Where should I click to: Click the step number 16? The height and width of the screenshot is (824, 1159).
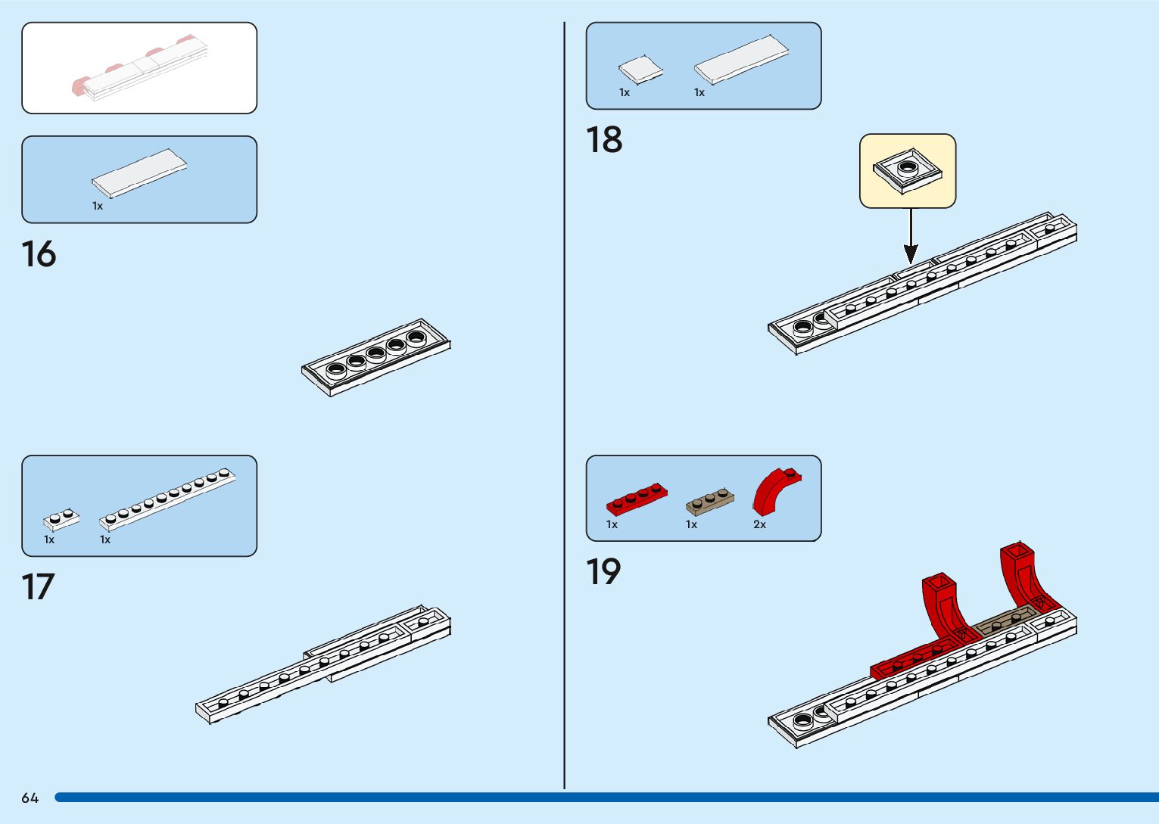tap(39, 254)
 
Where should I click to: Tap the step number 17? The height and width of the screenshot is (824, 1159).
tap(38, 587)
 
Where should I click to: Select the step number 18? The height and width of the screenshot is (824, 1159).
tap(604, 140)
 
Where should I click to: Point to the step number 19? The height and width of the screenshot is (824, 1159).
tap(603, 572)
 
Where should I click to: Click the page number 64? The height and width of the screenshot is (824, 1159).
tap(30, 798)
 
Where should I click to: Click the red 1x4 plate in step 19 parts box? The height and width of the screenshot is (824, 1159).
tap(636, 499)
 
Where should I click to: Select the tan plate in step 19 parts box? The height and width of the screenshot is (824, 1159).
tap(709, 501)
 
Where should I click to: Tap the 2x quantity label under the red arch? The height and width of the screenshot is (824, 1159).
tap(759, 524)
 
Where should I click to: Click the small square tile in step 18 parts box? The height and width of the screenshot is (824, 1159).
tap(640, 70)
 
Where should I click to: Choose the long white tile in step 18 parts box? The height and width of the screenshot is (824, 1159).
tap(741, 59)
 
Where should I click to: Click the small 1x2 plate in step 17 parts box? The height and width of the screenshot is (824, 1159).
tap(61, 519)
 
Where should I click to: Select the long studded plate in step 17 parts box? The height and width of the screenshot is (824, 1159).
tap(167, 499)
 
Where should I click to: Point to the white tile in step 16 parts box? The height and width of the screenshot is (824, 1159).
tap(139, 173)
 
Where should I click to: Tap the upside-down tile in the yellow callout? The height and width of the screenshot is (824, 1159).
tap(908, 171)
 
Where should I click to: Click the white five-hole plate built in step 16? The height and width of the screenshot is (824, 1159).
tap(375, 356)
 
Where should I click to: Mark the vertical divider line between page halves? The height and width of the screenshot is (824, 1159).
tap(565, 409)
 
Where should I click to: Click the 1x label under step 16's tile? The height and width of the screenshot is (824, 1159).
tap(98, 206)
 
